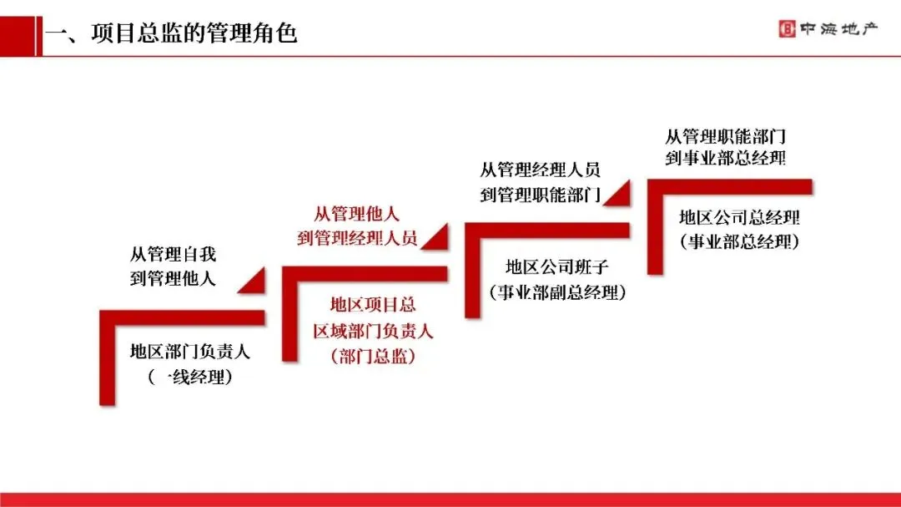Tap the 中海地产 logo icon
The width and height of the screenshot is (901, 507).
786,29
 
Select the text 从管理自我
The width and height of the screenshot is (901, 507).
173,254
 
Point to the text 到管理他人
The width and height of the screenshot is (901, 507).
173,278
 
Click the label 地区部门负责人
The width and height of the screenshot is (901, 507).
189,352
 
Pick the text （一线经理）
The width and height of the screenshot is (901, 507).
189,377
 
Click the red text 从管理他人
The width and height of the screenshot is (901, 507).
356,213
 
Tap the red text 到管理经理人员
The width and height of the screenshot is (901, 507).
356,238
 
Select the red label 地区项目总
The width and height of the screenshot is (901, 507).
373,305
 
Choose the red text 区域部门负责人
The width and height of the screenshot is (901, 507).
373,331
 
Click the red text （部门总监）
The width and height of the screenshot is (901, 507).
373,357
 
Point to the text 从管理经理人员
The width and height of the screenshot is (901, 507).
540,170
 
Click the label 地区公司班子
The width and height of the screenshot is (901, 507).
557,267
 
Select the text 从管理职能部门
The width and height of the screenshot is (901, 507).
725,134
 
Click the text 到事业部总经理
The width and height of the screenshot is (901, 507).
725,158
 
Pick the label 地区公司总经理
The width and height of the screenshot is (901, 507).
739,218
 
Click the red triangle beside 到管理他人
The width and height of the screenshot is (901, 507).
255,282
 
